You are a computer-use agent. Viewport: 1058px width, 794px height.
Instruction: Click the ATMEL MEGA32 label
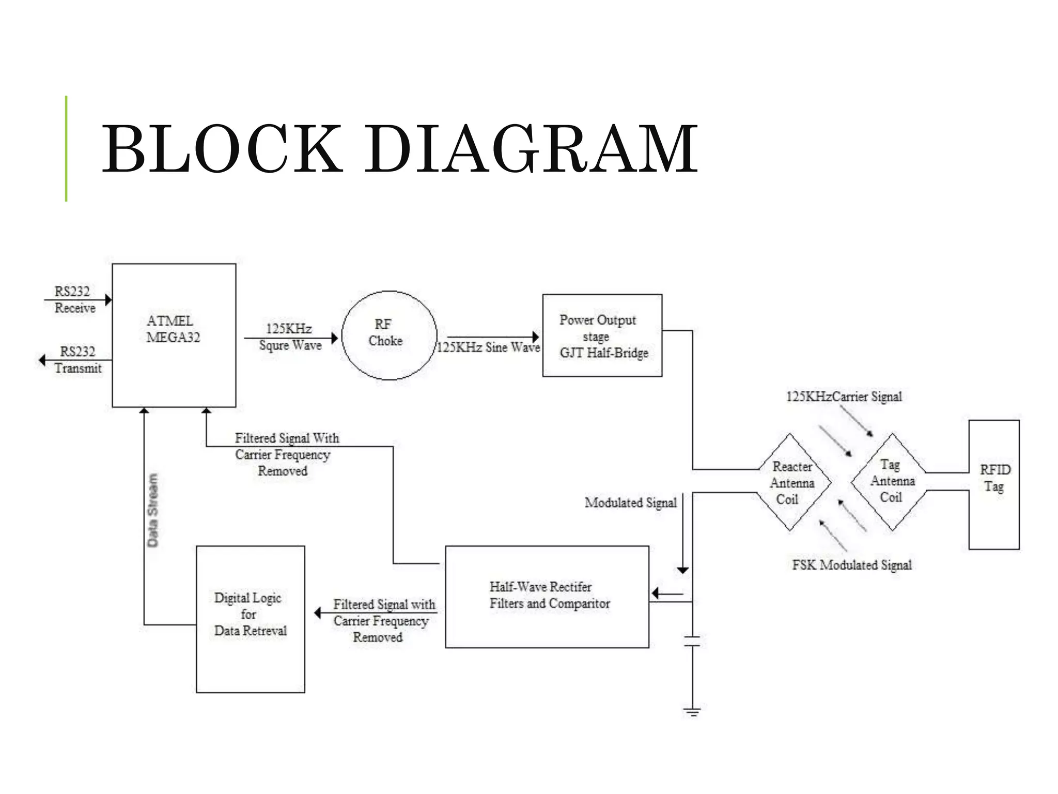pyautogui.click(x=173, y=329)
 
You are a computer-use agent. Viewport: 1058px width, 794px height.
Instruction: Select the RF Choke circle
pyautogui.click(x=389, y=334)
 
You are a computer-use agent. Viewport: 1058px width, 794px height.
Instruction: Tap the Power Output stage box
pyautogui.click(x=602, y=336)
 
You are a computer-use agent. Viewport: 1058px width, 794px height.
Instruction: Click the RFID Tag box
pyautogui.click(x=993, y=484)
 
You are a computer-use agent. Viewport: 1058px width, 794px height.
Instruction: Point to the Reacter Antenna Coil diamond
pyautogui.click(x=791, y=483)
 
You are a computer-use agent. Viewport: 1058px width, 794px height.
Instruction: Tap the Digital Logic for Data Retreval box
pyautogui.click(x=250, y=615)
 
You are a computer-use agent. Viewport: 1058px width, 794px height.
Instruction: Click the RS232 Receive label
pyautogui.click(x=74, y=300)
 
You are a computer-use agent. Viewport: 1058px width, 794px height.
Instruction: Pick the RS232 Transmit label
pyautogui.click(x=77, y=360)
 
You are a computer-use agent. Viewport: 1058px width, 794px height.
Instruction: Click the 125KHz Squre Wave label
pyautogui.click(x=290, y=337)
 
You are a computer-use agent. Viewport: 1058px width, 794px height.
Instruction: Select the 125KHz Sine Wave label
pyautogui.click(x=488, y=347)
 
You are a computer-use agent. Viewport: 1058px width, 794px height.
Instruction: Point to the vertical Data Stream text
pyautogui.click(x=152, y=510)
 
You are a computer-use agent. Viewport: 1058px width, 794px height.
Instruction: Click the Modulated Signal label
pyautogui.click(x=630, y=503)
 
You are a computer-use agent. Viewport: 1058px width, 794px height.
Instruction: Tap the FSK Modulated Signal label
pyautogui.click(x=851, y=565)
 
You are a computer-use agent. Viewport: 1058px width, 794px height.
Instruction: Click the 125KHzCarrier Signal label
pyautogui.click(x=844, y=397)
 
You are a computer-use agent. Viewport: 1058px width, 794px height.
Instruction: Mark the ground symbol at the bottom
pyautogui.click(x=692, y=712)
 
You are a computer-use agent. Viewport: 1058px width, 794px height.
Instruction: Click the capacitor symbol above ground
pyautogui.click(x=692, y=642)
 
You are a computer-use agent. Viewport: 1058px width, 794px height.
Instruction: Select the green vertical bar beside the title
pyautogui.click(x=66, y=149)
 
